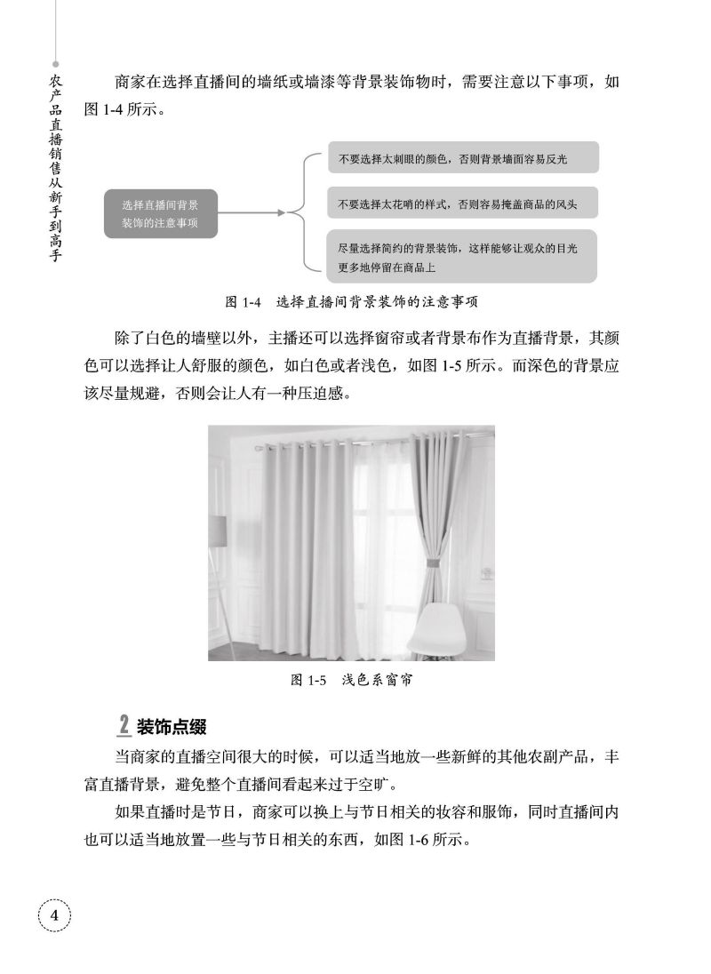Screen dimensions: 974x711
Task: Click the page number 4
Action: [x=53, y=915]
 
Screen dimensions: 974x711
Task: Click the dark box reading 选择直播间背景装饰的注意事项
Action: [x=160, y=213]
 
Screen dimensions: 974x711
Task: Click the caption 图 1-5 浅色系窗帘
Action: [x=354, y=681]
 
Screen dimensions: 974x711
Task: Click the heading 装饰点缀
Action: [x=171, y=727]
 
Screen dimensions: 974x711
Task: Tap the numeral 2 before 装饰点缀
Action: [x=124, y=726]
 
